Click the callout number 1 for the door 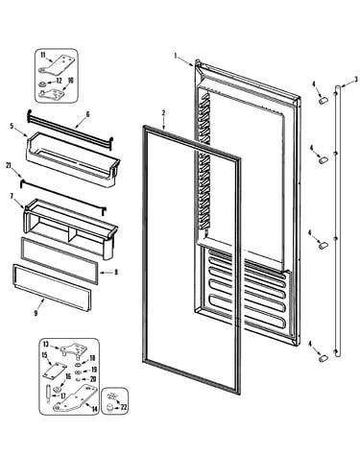[x=176, y=56]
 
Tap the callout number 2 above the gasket [x=163, y=112]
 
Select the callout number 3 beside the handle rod [x=356, y=80]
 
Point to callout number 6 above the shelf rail [x=87, y=114]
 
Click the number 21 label [x=9, y=165]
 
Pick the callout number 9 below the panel [x=36, y=313]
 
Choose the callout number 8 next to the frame [x=116, y=273]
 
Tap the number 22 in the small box [x=124, y=407]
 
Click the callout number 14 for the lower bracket [x=94, y=409]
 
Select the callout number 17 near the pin [x=63, y=396]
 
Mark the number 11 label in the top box [x=43, y=55]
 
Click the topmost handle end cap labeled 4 [x=323, y=100]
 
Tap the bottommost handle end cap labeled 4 [x=324, y=358]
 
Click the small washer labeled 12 [x=42, y=84]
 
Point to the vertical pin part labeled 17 [x=48, y=394]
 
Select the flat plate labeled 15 [x=55, y=372]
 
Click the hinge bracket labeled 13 [x=71, y=349]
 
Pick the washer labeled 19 [x=78, y=372]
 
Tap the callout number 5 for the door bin [x=12, y=126]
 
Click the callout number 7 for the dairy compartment [x=12, y=196]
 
